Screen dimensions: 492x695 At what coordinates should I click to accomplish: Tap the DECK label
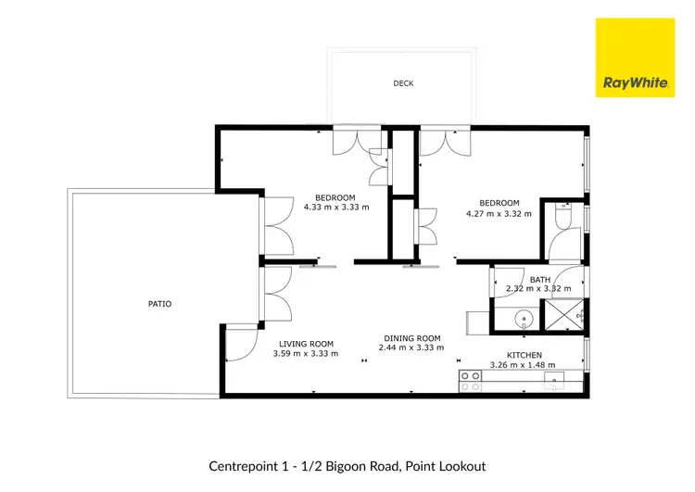403,83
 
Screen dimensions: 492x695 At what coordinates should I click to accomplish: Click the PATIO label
159,303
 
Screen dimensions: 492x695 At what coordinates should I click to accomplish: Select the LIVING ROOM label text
306,343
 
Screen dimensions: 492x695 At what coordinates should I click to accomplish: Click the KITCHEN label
524,355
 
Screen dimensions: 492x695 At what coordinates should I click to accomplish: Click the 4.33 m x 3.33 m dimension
335,208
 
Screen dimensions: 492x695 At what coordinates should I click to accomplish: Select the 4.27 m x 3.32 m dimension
499,213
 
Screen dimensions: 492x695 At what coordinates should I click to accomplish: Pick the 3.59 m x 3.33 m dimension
306,353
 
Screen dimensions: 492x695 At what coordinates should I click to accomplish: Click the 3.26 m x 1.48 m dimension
524,365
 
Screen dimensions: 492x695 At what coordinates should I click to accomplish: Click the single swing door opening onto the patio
239,344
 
